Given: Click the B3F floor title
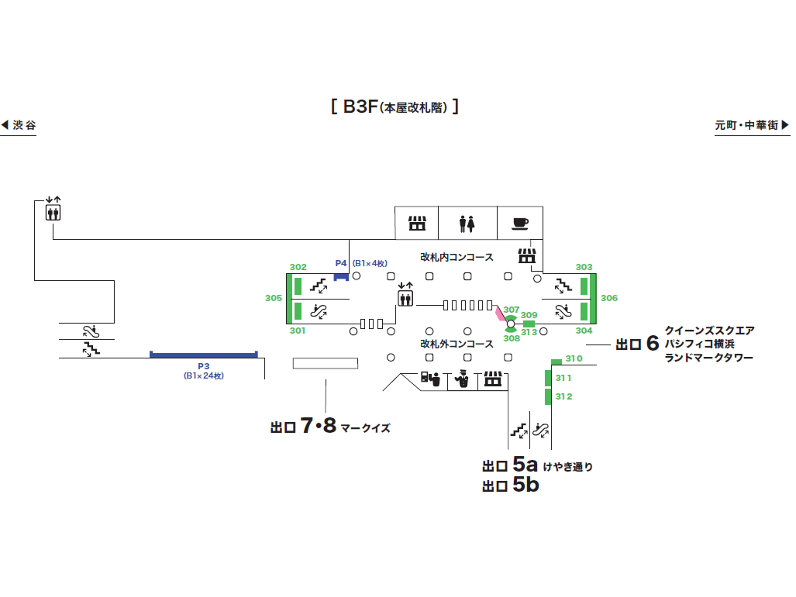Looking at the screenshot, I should tap(395, 107).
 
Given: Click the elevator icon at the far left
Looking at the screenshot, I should tap(53, 212).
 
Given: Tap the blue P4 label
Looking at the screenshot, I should tap(340, 263).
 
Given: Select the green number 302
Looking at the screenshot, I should tap(298, 267).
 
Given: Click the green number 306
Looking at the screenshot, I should tap(609, 298).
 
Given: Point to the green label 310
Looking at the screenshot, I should tap(574, 358).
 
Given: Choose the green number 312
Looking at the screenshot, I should tap(564, 397).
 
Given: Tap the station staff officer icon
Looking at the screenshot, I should tap(462, 379).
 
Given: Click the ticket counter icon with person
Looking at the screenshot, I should tap(430, 379).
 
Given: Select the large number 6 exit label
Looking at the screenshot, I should tap(652, 343).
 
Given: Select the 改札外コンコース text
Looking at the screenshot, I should tap(457, 344).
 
